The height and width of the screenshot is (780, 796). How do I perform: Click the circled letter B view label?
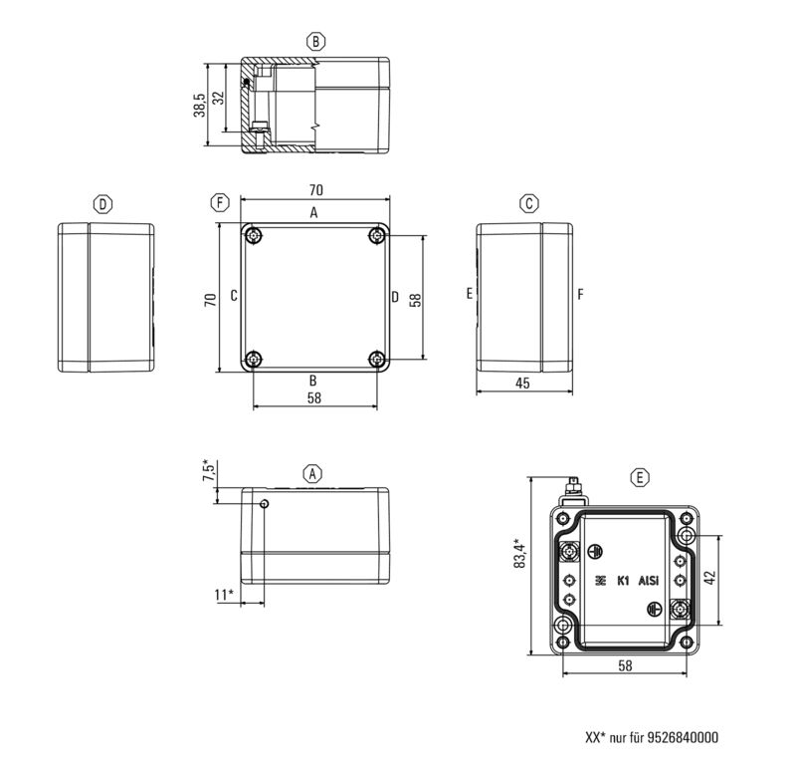point(315,41)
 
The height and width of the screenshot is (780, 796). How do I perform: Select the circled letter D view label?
point(102,204)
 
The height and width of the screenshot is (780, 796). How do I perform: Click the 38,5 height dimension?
point(200,107)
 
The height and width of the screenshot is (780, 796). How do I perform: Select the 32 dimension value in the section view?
point(219,99)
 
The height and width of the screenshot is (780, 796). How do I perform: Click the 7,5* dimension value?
point(207,471)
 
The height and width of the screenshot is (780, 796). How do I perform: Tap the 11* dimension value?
point(224,595)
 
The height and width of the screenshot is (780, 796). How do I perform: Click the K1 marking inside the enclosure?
point(624,580)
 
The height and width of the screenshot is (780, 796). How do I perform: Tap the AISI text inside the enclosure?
point(648,580)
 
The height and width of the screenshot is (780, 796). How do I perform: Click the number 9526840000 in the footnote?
point(682,738)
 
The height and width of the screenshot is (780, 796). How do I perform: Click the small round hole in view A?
point(264,505)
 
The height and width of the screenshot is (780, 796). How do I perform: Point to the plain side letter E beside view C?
point(468,294)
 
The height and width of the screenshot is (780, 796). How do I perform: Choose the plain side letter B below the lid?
point(312,381)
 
